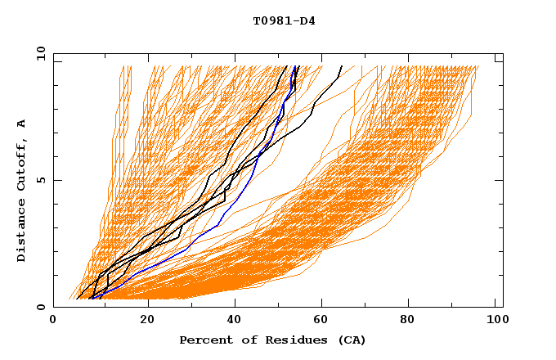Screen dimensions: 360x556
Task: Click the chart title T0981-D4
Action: [284, 20]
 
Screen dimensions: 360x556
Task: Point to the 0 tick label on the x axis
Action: [53, 320]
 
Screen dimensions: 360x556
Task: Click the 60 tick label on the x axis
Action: [323, 320]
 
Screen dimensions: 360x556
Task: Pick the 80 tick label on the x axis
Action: [413, 320]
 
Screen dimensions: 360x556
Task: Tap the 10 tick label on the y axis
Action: [38, 53]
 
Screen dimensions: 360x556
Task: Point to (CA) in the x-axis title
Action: [350, 340]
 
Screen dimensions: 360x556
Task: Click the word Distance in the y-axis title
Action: [21, 232]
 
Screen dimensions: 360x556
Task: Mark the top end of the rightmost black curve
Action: [342, 66]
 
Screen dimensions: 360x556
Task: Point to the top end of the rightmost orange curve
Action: [478, 66]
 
